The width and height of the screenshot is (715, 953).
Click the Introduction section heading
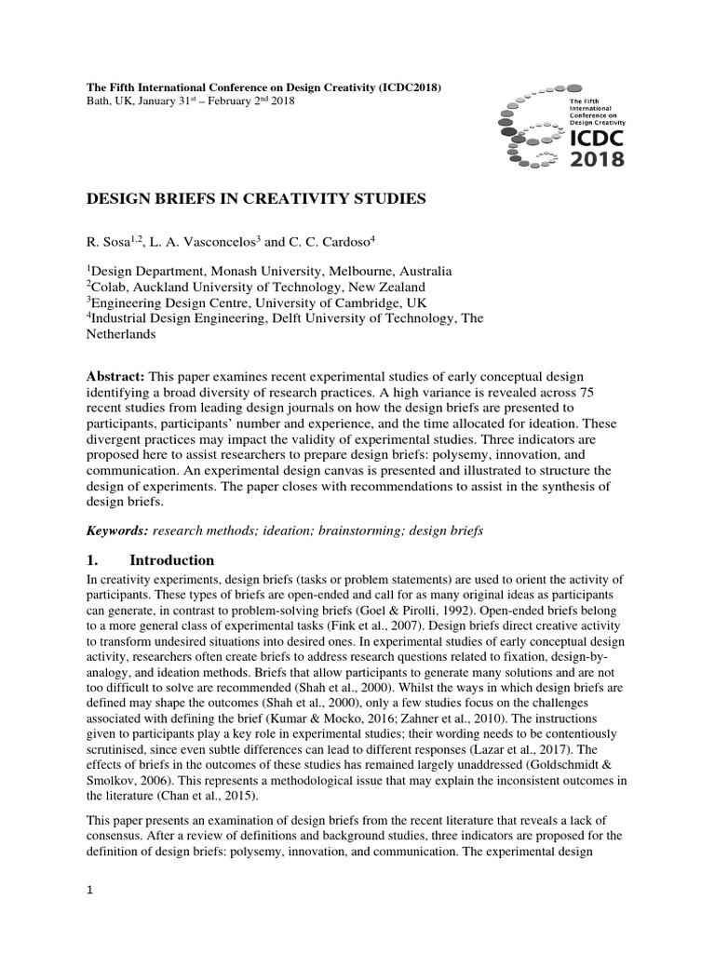[x=171, y=560]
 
